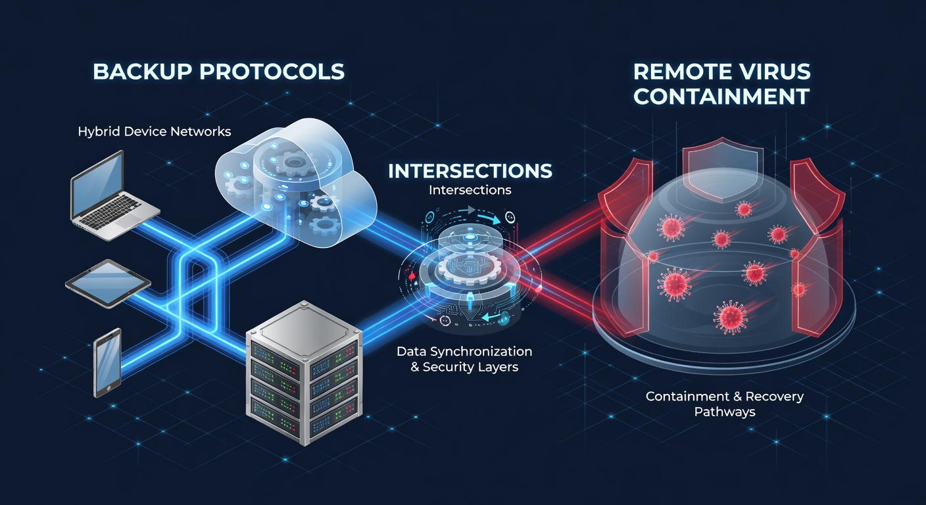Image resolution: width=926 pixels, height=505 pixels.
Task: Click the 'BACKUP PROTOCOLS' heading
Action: [218, 72]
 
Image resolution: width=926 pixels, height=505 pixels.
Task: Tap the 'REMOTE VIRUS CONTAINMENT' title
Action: [721, 84]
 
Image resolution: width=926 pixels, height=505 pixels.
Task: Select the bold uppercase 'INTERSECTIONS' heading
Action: [470, 171]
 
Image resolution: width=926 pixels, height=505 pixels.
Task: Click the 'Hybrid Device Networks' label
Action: [154, 132]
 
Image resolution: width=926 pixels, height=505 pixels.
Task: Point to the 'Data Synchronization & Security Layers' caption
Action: [464, 359]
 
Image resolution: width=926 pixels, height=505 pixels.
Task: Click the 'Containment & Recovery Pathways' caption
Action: [725, 404]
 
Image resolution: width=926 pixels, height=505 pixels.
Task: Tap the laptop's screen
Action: [97, 185]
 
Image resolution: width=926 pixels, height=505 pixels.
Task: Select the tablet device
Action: [108, 283]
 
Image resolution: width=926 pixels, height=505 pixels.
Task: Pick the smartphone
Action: [107, 362]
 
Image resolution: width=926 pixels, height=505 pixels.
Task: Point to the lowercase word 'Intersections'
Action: [470, 190]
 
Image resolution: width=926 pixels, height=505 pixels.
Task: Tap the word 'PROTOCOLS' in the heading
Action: [272, 72]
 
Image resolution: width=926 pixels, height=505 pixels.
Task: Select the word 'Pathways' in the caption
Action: [725, 412]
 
